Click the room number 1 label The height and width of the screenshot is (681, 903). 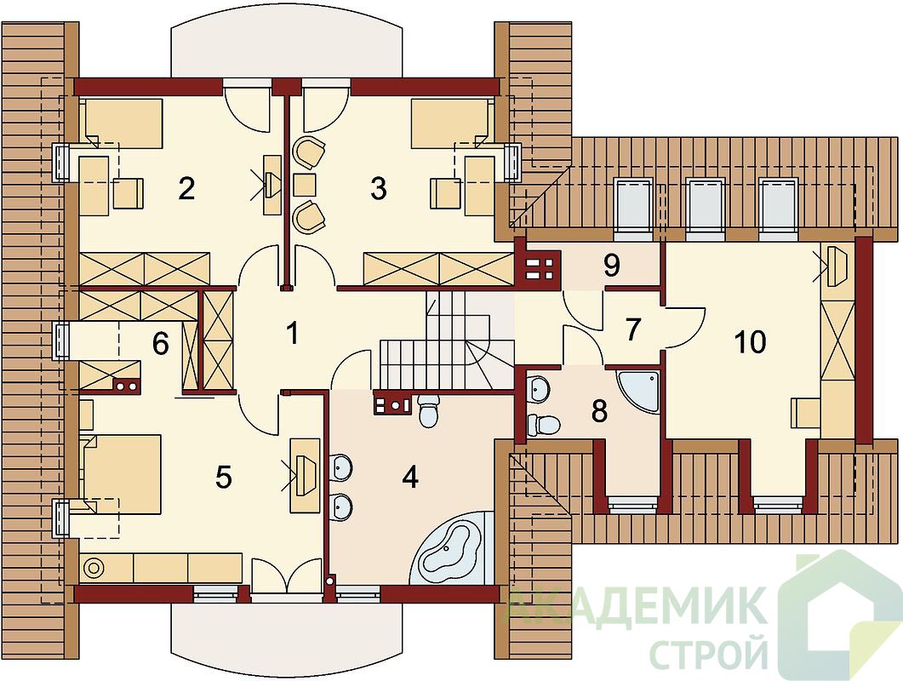click(293, 333)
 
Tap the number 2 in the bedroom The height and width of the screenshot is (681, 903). click(186, 188)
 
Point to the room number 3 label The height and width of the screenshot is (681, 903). click(379, 188)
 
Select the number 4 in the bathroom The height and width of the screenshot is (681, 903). click(410, 477)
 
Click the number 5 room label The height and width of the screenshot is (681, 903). click(223, 477)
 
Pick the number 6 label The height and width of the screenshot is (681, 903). click(160, 345)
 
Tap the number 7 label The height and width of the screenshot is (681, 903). click(632, 330)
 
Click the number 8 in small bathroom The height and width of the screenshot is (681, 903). click(599, 411)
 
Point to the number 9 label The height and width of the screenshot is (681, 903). click(612, 266)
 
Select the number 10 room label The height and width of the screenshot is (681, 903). click(751, 342)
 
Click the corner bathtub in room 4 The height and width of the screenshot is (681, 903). click(451, 547)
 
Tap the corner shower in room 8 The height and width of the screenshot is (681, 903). click(638, 392)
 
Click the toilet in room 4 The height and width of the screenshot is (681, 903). click(428, 411)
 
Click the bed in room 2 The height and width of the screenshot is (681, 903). click(123, 122)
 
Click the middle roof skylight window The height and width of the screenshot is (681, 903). click(705, 209)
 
